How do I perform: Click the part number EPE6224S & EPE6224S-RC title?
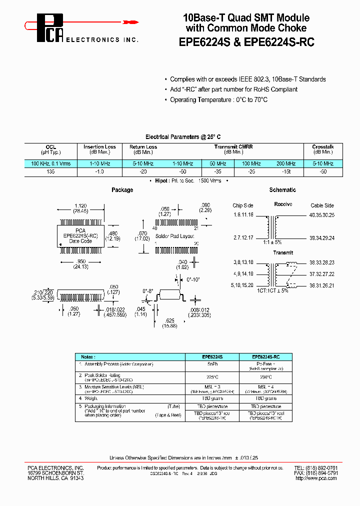(x=246, y=42)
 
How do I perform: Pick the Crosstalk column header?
(x=322, y=147)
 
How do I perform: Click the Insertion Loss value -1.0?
(x=99, y=171)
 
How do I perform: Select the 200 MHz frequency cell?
(x=285, y=163)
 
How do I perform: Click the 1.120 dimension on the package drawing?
(x=80, y=205)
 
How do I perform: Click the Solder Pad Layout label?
(x=174, y=235)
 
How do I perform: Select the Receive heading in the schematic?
(x=283, y=204)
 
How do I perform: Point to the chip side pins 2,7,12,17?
(x=243, y=237)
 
